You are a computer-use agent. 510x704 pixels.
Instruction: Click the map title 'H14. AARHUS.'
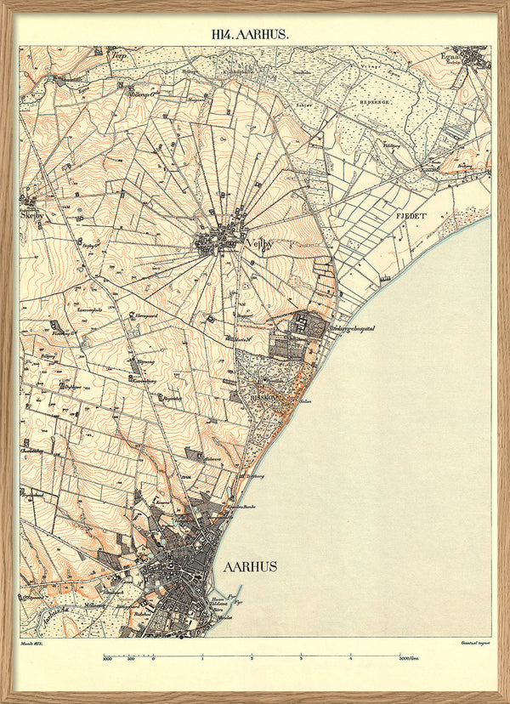coord(251,35)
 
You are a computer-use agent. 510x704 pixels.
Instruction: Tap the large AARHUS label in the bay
coord(250,566)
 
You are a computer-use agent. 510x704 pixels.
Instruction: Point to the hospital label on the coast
coord(352,327)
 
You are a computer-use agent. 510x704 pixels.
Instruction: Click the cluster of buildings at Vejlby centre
coord(219,241)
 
